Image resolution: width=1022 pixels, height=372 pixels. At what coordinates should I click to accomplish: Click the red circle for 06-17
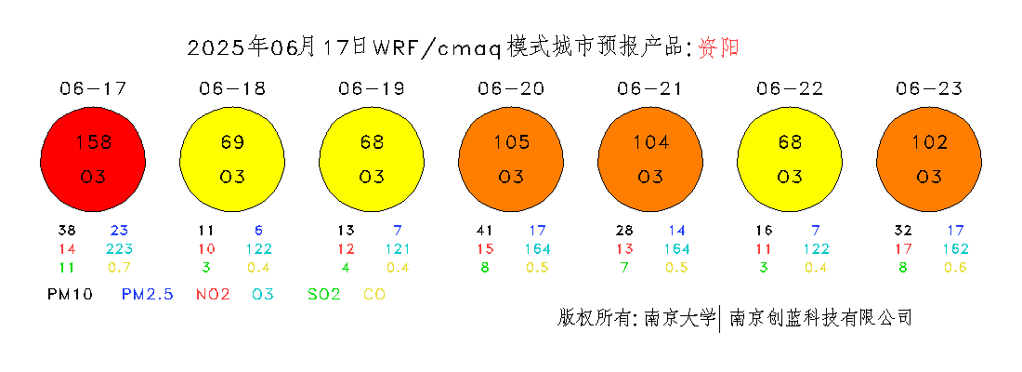coord(93,160)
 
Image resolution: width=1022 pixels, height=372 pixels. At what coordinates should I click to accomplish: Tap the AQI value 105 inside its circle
coord(512,141)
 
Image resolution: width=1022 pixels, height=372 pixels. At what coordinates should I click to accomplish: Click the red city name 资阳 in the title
coord(718,47)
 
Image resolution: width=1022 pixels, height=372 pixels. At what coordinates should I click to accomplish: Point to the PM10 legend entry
coord(70,294)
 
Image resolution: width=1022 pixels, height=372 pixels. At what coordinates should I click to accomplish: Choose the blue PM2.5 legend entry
coord(148,294)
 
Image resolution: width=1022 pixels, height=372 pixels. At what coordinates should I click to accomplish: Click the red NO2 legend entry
coord(213,294)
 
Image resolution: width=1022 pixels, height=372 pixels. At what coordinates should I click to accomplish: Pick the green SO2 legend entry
coord(324,294)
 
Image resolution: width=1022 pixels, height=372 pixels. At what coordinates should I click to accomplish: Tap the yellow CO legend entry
coord(374,294)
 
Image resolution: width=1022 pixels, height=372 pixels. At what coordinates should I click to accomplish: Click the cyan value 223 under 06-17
coord(119,248)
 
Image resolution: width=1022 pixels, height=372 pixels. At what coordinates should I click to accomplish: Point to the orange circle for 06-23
coord(929,160)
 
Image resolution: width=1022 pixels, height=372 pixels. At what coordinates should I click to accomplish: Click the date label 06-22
coord(790,89)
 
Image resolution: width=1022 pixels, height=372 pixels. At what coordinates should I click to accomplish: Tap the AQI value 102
coord(930,141)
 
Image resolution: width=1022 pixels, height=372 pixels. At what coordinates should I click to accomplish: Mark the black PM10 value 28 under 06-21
coord(624,231)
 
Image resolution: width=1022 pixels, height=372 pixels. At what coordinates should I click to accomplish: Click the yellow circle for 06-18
coord(232,160)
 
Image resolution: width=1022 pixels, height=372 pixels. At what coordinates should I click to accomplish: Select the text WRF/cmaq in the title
coord(436,47)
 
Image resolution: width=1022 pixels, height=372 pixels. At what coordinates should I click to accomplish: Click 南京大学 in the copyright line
coord(680,318)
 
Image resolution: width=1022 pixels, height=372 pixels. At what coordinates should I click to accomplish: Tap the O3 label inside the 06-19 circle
coord(372,176)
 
